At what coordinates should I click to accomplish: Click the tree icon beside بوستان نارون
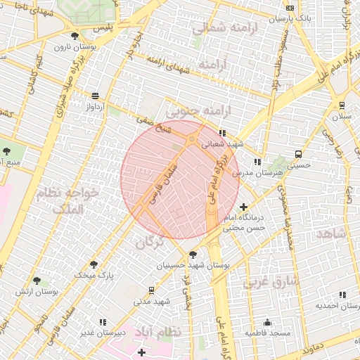pos(75,35)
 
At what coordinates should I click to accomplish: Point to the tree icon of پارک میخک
pos(94,264)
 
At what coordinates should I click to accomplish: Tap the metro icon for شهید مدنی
pos(152,290)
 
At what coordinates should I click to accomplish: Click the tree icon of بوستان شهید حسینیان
pos(193,254)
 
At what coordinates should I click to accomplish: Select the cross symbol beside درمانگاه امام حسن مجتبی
pos(243,207)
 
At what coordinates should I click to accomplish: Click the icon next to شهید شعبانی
pos(222,132)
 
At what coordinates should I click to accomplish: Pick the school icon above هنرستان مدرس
pos(257,161)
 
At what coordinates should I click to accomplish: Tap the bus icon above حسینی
pos(299,154)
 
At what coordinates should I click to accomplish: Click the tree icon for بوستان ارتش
pos(37,279)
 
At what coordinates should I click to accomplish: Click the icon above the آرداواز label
pos(95,96)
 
